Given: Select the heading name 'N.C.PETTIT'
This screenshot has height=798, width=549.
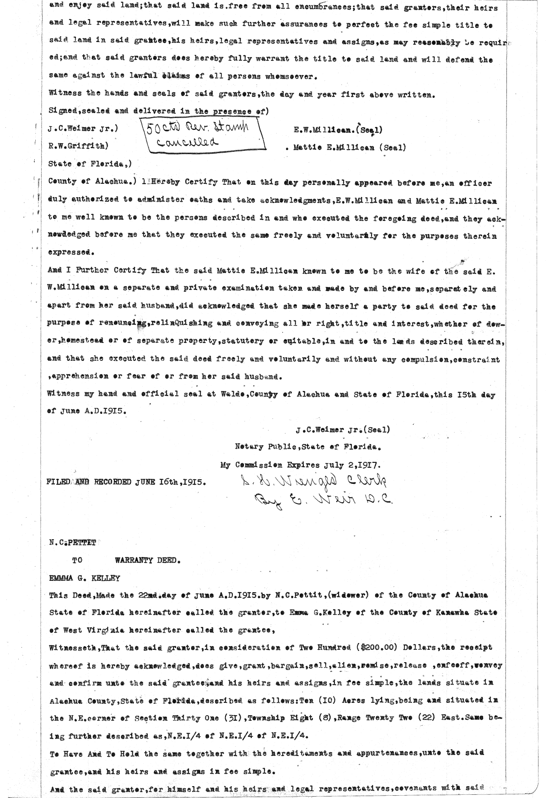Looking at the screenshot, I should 73,543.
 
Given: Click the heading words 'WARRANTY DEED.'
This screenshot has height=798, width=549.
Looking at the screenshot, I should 148,561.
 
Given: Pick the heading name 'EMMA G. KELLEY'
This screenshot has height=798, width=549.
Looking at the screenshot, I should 85,578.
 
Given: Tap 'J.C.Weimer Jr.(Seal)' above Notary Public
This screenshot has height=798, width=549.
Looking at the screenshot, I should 342,430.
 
